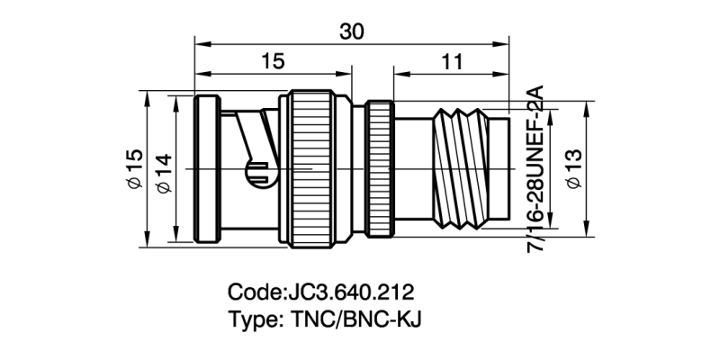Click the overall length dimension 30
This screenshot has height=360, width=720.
click(x=352, y=31)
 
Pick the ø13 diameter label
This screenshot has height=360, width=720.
click(x=573, y=168)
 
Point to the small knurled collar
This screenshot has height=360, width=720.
click(x=378, y=168)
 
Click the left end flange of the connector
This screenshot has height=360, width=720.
click(x=206, y=168)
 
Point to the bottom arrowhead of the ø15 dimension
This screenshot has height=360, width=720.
click(x=145, y=241)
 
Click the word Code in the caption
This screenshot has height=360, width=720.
click(x=256, y=293)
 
